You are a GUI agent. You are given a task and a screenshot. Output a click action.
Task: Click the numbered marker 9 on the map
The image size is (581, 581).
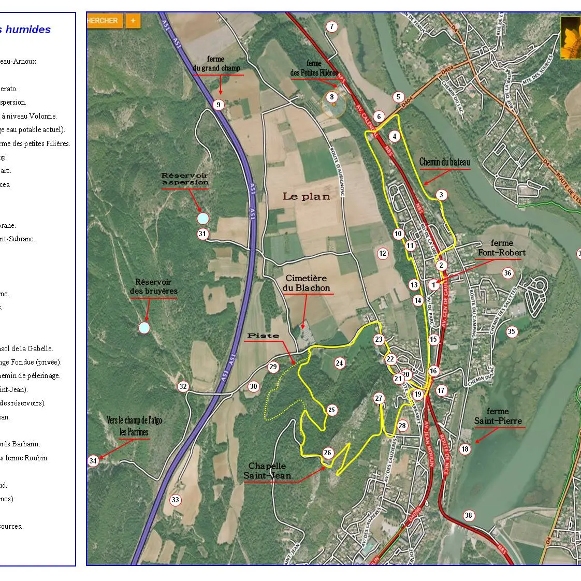(219, 105)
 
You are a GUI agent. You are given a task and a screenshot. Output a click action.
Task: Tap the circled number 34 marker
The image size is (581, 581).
(93, 461)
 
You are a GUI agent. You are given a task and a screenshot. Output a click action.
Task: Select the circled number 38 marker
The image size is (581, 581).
(468, 515)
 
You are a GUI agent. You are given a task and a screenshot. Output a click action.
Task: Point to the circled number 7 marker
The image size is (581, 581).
(332, 27)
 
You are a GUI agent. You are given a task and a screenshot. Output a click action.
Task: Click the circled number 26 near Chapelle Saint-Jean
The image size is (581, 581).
(327, 453)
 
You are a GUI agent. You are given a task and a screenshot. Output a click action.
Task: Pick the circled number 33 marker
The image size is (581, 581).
(176, 500)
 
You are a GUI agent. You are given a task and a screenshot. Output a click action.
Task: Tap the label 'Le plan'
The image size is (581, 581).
(306, 196)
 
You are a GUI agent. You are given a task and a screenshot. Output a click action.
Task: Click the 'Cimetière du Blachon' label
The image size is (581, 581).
(308, 283)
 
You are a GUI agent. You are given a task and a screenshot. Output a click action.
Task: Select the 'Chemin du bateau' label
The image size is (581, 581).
(444, 163)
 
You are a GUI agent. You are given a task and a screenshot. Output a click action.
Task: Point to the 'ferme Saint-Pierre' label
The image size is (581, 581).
(498, 416)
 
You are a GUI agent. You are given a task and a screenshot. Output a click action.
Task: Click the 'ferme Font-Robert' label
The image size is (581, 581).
(501, 248)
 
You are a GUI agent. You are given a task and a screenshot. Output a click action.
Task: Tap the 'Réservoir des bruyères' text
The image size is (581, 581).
(153, 286)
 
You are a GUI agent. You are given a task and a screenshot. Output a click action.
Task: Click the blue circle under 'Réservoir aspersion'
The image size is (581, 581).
(203, 219)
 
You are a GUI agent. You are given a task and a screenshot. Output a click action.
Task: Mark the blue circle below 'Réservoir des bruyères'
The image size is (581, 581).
(144, 328)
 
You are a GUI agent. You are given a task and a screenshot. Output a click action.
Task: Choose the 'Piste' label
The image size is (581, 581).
(263, 336)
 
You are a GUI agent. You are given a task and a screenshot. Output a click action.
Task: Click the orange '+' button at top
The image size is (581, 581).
(133, 21)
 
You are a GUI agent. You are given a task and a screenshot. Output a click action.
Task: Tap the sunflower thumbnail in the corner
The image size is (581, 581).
(570, 37)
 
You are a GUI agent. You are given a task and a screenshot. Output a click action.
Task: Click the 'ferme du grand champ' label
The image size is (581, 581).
(216, 64)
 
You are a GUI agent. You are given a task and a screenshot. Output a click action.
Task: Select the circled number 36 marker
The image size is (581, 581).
(507, 273)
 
